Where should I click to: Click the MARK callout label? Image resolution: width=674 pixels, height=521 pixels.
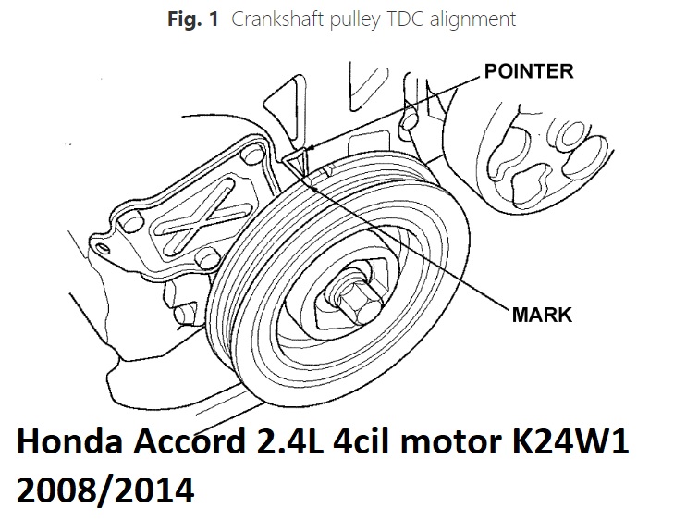tap(542, 315)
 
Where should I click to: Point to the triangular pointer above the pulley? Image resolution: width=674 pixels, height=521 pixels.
tap(296, 163)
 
